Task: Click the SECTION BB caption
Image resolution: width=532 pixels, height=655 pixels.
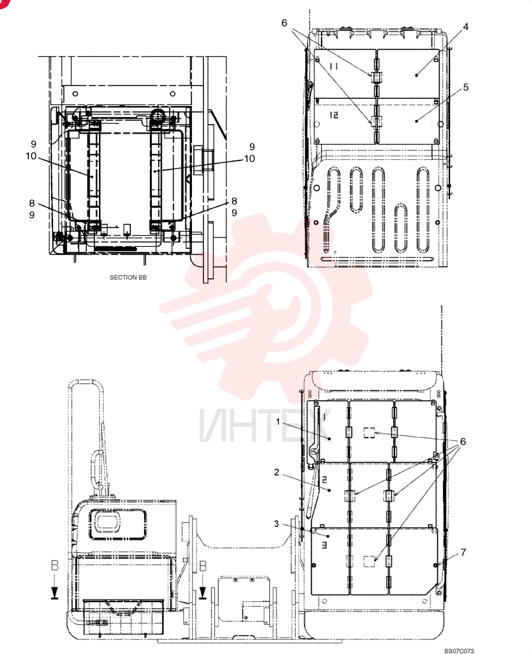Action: [x=128, y=277]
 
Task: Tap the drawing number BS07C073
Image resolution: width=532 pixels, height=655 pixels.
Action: [x=459, y=651]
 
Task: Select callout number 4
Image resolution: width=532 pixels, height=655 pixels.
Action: [x=466, y=27]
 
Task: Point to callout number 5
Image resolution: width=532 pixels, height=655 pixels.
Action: [x=466, y=87]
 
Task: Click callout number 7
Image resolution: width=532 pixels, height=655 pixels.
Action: [x=463, y=552]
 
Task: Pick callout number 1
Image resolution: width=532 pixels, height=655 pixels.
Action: [x=278, y=422]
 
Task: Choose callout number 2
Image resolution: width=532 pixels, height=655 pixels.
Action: [x=276, y=472]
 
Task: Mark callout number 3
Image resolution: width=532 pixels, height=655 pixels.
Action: [x=276, y=524]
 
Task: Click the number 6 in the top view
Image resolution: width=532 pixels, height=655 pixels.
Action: [x=284, y=23]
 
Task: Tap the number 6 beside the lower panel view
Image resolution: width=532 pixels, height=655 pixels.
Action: [x=463, y=441]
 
